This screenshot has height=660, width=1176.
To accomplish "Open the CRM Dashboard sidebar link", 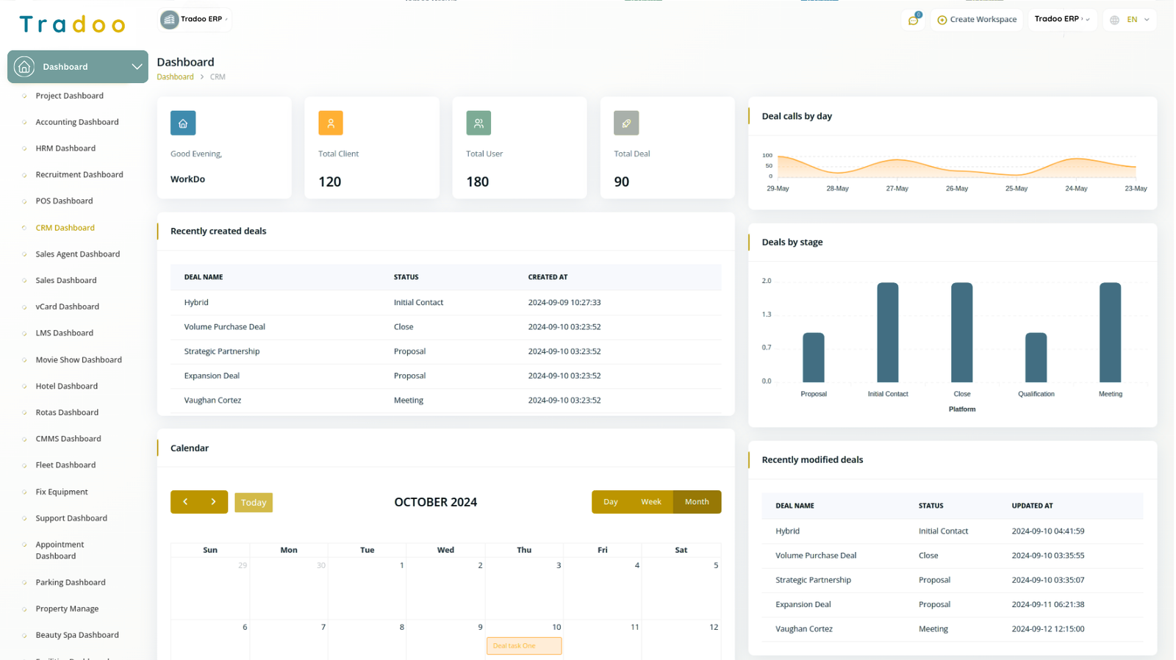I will [x=65, y=228].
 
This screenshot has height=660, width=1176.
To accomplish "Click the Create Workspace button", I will [x=977, y=20].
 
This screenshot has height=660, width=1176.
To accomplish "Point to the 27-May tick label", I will [x=897, y=189].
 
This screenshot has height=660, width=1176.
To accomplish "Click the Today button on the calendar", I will [x=254, y=503].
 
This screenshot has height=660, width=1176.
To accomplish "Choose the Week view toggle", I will [x=650, y=502].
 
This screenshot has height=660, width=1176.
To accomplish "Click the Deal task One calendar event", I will [x=523, y=646].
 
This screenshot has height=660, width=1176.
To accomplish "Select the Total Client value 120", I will [x=329, y=182].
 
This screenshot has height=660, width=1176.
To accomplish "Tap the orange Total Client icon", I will [x=331, y=123].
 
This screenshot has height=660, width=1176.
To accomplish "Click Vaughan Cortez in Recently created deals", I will [x=212, y=401].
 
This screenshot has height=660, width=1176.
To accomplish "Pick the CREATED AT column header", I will [x=548, y=277].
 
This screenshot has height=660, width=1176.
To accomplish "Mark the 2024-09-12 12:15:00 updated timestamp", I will [x=1047, y=629].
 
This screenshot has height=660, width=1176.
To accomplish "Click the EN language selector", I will [x=1130, y=20].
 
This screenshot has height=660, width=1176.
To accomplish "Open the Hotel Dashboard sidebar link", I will [x=66, y=387].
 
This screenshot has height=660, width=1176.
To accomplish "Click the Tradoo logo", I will [x=72, y=25].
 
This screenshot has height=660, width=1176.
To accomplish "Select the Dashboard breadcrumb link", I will [x=175, y=77].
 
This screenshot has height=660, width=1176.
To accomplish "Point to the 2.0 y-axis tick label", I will [x=767, y=281].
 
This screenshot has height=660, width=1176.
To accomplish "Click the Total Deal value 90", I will [x=621, y=182].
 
